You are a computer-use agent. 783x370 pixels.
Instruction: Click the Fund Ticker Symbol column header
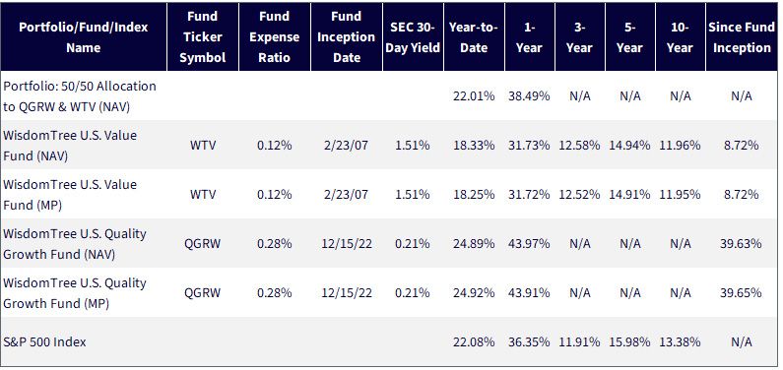click(203, 36)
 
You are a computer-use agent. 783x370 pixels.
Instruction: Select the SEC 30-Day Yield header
click(413, 36)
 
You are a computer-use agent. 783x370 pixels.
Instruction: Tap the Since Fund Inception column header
click(742, 36)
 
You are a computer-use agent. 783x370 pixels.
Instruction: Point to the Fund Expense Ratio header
click(275, 36)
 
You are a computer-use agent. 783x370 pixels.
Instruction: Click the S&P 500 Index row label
click(44, 342)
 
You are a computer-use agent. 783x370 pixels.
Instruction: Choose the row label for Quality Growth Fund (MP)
click(75, 293)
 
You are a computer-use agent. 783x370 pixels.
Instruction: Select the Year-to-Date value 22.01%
click(474, 95)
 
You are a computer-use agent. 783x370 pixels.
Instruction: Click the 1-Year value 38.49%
click(529, 95)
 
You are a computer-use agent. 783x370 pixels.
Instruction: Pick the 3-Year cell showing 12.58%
click(579, 145)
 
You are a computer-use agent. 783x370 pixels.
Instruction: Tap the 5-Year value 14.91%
click(629, 194)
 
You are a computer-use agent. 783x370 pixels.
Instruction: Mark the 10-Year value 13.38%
click(680, 342)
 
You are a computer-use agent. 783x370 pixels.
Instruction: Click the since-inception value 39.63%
click(741, 243)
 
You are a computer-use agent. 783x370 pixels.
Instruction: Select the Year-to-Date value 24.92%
click(474, 292)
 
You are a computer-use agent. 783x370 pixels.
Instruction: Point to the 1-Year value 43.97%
click(529, 243)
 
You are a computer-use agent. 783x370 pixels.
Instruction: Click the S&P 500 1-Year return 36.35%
click(529, 342)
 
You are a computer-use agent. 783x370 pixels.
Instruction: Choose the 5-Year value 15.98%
click(629, 342)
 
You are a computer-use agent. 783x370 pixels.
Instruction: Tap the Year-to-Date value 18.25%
click(474, 194)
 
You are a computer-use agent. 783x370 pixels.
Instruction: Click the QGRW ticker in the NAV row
click(202, 243)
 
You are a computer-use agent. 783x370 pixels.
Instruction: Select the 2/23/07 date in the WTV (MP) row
click(346, 194)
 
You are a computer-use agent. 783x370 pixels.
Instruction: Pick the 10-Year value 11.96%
click(680, 145)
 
